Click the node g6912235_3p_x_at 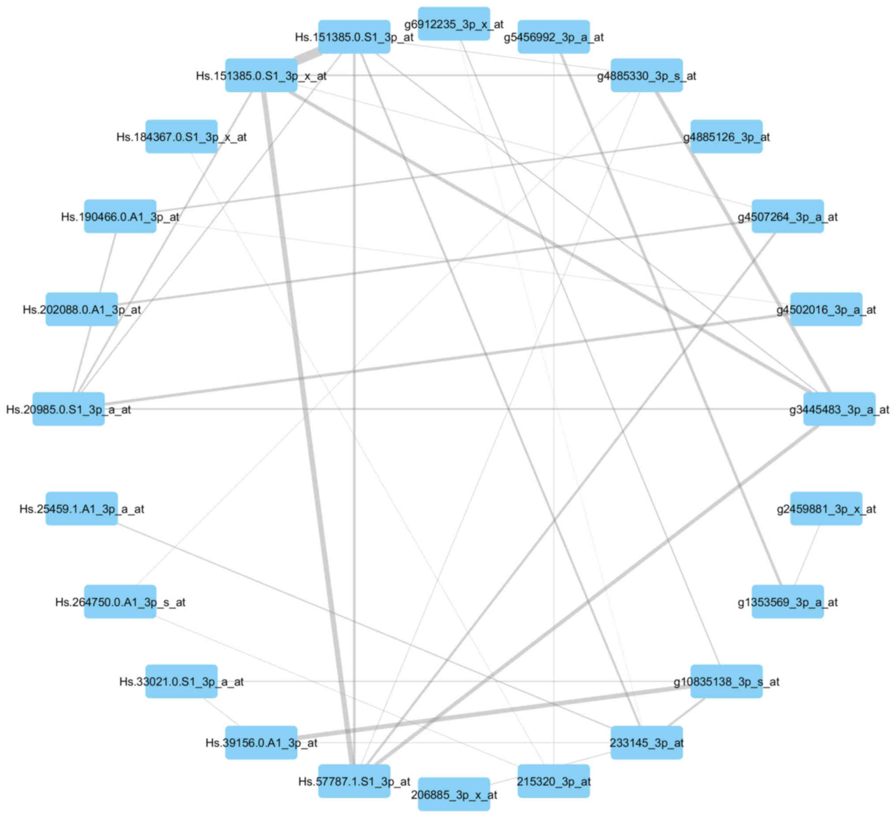pyautogui.click(x=454, y=23)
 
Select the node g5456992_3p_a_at pyautogui.click(x=553, y=37)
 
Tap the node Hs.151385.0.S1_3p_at pyautogui.click(x=354, y=37)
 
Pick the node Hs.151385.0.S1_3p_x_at pyautogui.click(x=261, y=75)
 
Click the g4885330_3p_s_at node pyautogui.click(x=646, y=75)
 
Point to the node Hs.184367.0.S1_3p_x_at pyautogui.click(x=181, y=136)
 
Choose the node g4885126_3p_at pyautogui.click(x=726, y=136)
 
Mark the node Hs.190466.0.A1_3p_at pyautogui.click(x=120, y=217)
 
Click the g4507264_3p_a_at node pyautogui.click(x=787, y=217)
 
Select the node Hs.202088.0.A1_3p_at pyautogui.click(x=82, y=309)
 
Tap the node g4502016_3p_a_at pyautogui.click(x=826, y=309)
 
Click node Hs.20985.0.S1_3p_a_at pyautogui.click(x=68, y=409)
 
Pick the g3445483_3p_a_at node pyautogui.click(x=839, y=409)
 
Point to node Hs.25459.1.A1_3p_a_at pyautogui.click(x=82, y=509)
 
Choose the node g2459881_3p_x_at pyautogui.click(x=826, y=509)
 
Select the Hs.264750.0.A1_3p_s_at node pyautogui.click(x=120, y=602)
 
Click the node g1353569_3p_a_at pyautogui.click(x=787, y=602)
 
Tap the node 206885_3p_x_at pyautogui.click(x=454, y=795)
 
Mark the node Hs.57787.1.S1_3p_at pyautogui.click(x=354, y=781)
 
